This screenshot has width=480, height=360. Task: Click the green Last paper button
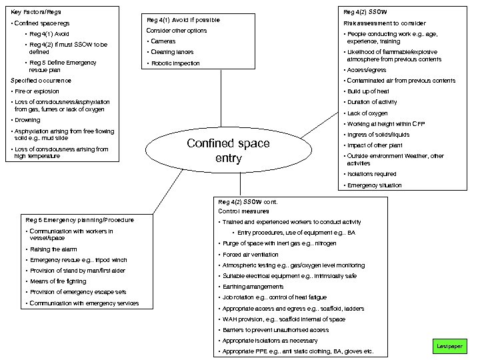point(449,346)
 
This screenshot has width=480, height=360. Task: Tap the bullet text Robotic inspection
point(175,63)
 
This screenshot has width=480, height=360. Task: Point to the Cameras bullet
point(163,41)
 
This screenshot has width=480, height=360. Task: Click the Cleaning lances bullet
point(172,52)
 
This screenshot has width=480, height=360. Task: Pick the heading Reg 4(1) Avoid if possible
point(183,20)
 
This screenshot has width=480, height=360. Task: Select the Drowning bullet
point(27,120)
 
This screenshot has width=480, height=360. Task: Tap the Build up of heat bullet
point(368,91)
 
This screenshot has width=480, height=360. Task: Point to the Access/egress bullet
point(367,70)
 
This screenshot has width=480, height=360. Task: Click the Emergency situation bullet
point(375,185)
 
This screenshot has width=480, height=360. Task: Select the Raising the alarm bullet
point(53,249)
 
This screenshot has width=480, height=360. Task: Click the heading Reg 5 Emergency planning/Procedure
point(79,220)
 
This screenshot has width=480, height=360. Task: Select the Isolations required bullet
point(372,174)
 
